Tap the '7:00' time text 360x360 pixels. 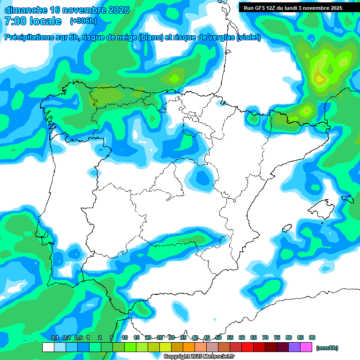point(14,21)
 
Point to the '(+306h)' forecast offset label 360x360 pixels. point(83,21)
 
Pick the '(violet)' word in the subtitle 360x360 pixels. point(248,37)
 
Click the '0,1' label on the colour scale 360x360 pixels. point(54,338)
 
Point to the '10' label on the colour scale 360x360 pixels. point(125,338)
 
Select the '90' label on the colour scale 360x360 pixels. point(312,338)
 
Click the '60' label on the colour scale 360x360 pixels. point(242,338)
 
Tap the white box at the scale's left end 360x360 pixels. point(48,347)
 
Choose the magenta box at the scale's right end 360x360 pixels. point(306,347)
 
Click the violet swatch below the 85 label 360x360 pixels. point(294,347)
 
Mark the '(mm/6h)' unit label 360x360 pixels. point(327,348)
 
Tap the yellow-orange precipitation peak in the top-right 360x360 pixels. point(320,78)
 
